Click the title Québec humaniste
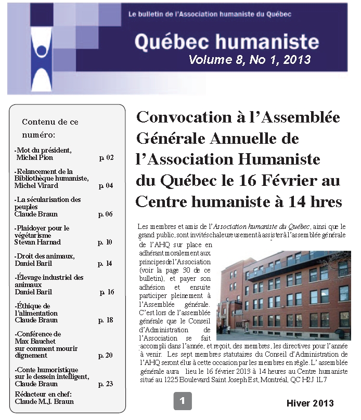226,41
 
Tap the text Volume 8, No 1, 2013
250,60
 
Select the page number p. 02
106,157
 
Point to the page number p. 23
106,384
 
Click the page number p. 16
107,292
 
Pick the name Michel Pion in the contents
34,157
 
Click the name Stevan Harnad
38,242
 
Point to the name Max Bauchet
37,341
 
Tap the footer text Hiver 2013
310,403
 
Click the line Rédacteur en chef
44,394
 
